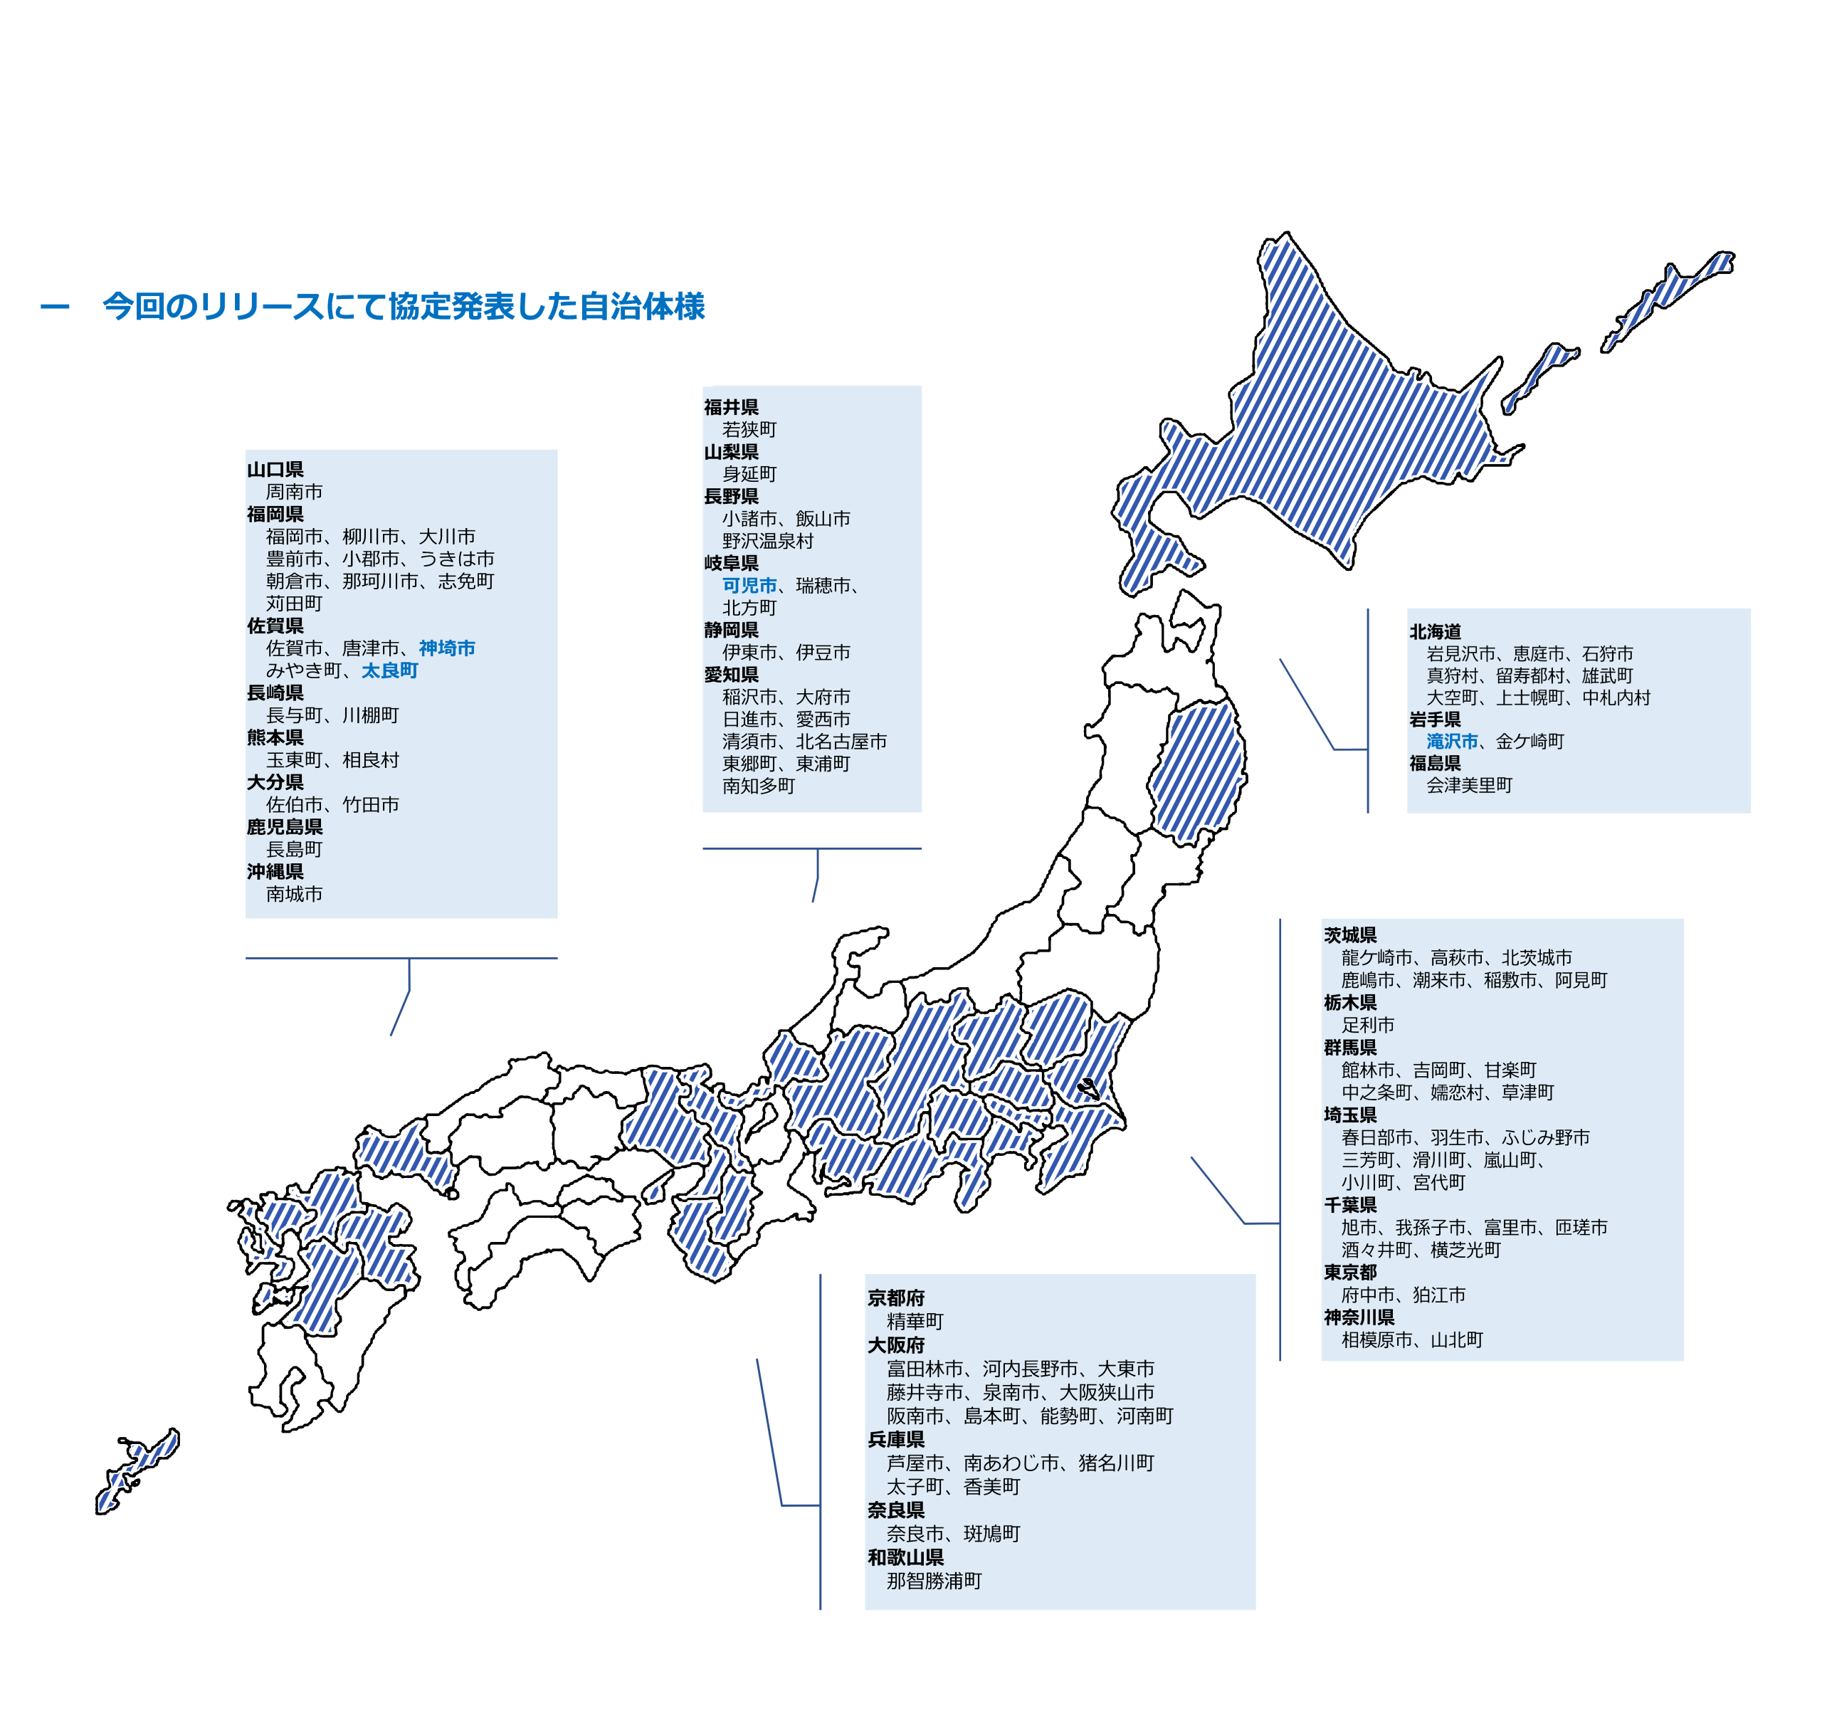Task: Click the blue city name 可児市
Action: point(749,585)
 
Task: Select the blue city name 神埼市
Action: point(446,648)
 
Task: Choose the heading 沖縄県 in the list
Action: point(275,872)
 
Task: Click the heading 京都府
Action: point(895,1297)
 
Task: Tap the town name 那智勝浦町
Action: point(933,1581)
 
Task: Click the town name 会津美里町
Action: point(1468,784)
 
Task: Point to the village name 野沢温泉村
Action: point(767,541)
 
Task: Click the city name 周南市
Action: point(294,492)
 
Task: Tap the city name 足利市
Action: point(1367,1025)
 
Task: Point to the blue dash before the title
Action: point(55,307)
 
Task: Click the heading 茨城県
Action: point(1349,935)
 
